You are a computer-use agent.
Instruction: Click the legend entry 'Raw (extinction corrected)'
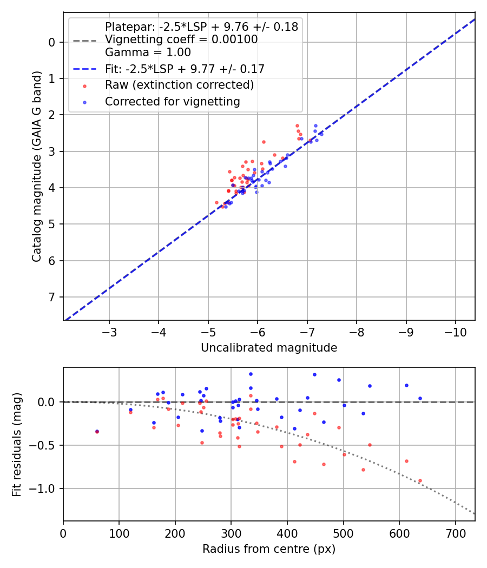pyautogui.click(x=179, y=85)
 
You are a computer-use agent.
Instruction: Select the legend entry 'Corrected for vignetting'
pyautogui.click(x=172, y=101)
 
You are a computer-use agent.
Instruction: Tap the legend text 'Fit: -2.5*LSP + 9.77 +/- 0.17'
pyautogui.click(x=185, y=69)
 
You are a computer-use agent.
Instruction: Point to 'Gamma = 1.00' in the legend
pyautogui.click(x=148, y=52)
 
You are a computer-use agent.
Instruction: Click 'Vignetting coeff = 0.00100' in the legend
pyautogui.click(x=181, y=39)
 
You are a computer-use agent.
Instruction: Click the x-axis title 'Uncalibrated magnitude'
pyautogui.click(x=269, y=348)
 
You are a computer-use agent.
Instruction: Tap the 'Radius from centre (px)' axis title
pyautogui.click(x=269, y=549)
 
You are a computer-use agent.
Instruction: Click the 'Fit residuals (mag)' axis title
pyautogui.click(x=17, y=445)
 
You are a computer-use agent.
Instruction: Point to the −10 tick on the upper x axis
pyautogui.click(x=455, y=331)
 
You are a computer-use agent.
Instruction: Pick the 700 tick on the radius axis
pyautogui.click(x=455, y=532)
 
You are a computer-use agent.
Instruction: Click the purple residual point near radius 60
pyautogui.click(x=97, y=431)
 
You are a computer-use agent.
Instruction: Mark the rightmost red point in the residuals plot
pyautogui.click(x=420, y=480)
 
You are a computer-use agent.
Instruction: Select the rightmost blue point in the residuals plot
pyautogui.click(x=420, y=398)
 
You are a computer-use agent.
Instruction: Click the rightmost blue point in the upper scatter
pyautogui.click(x=321, y=134)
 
